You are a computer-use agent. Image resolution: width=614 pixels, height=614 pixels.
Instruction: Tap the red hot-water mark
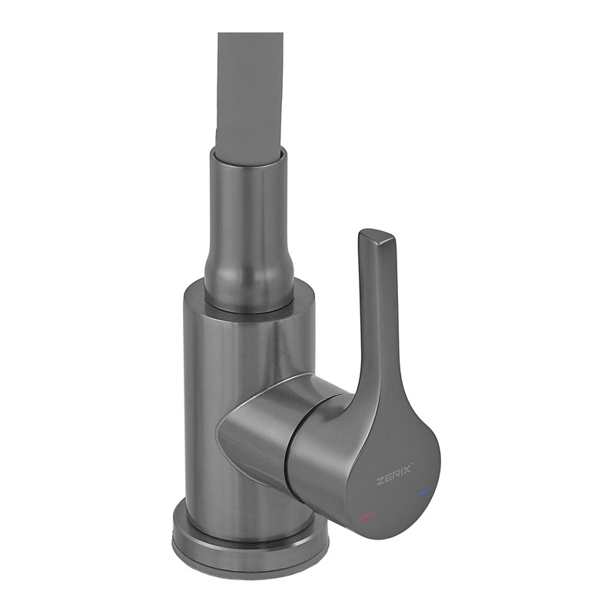367,516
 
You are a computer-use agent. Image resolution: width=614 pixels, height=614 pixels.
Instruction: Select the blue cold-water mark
424,490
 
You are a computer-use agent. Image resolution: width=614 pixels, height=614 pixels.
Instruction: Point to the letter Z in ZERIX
380,482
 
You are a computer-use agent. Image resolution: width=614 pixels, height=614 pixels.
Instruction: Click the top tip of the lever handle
377,236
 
